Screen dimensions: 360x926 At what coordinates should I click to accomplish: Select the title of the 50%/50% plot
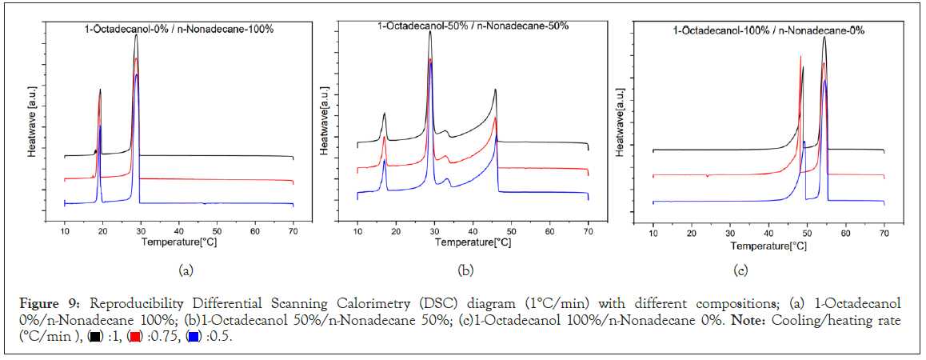click(473, 26)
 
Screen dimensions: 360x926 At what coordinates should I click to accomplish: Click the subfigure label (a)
click(186, 270)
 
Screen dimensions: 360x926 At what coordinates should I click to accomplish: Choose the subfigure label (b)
click(465, 270)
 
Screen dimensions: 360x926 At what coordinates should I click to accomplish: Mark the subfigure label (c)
click(740, 270)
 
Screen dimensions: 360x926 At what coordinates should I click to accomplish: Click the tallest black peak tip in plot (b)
click(430, 32)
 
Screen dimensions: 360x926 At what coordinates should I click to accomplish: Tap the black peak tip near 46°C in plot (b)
click(495, 90)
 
